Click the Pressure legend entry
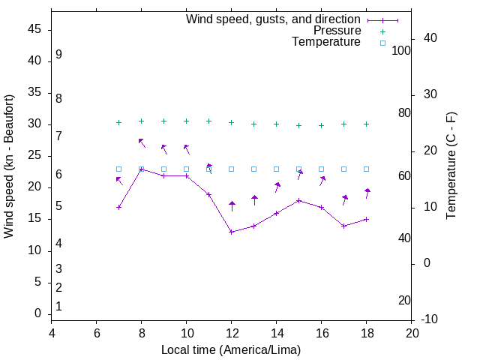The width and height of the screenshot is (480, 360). point(337,31)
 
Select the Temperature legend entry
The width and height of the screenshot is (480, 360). point(326,42)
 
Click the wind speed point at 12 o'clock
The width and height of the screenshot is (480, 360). point(232,232)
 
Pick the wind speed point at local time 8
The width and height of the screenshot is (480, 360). point(141,169)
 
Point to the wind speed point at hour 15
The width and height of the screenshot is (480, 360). point(298,200)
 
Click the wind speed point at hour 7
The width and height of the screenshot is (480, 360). point(118,207)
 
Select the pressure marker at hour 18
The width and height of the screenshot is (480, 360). point(366,124)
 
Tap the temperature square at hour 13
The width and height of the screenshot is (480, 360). point(253,169)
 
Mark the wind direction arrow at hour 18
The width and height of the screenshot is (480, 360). point(367,193)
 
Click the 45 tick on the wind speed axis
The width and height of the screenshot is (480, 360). point(36,29)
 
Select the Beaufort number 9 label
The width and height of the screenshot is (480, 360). point(58,55)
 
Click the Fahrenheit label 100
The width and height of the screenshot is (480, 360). point(402,51)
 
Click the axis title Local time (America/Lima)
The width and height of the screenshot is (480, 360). point(231,350)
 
